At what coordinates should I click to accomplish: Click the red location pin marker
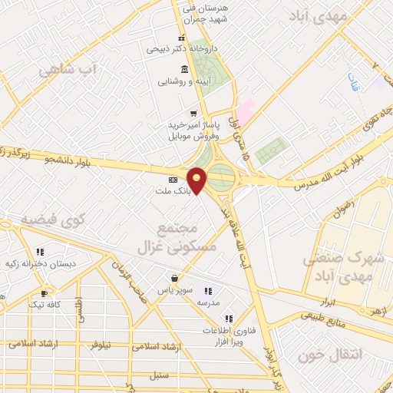(x=197, y=180)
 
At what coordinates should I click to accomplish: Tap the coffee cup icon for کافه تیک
(x=44, y=293)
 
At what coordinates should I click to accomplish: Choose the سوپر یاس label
(x=174, y=290)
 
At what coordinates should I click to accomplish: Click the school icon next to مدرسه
(x=207, y=291)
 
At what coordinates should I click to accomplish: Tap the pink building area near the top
(x=246, y=109)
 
